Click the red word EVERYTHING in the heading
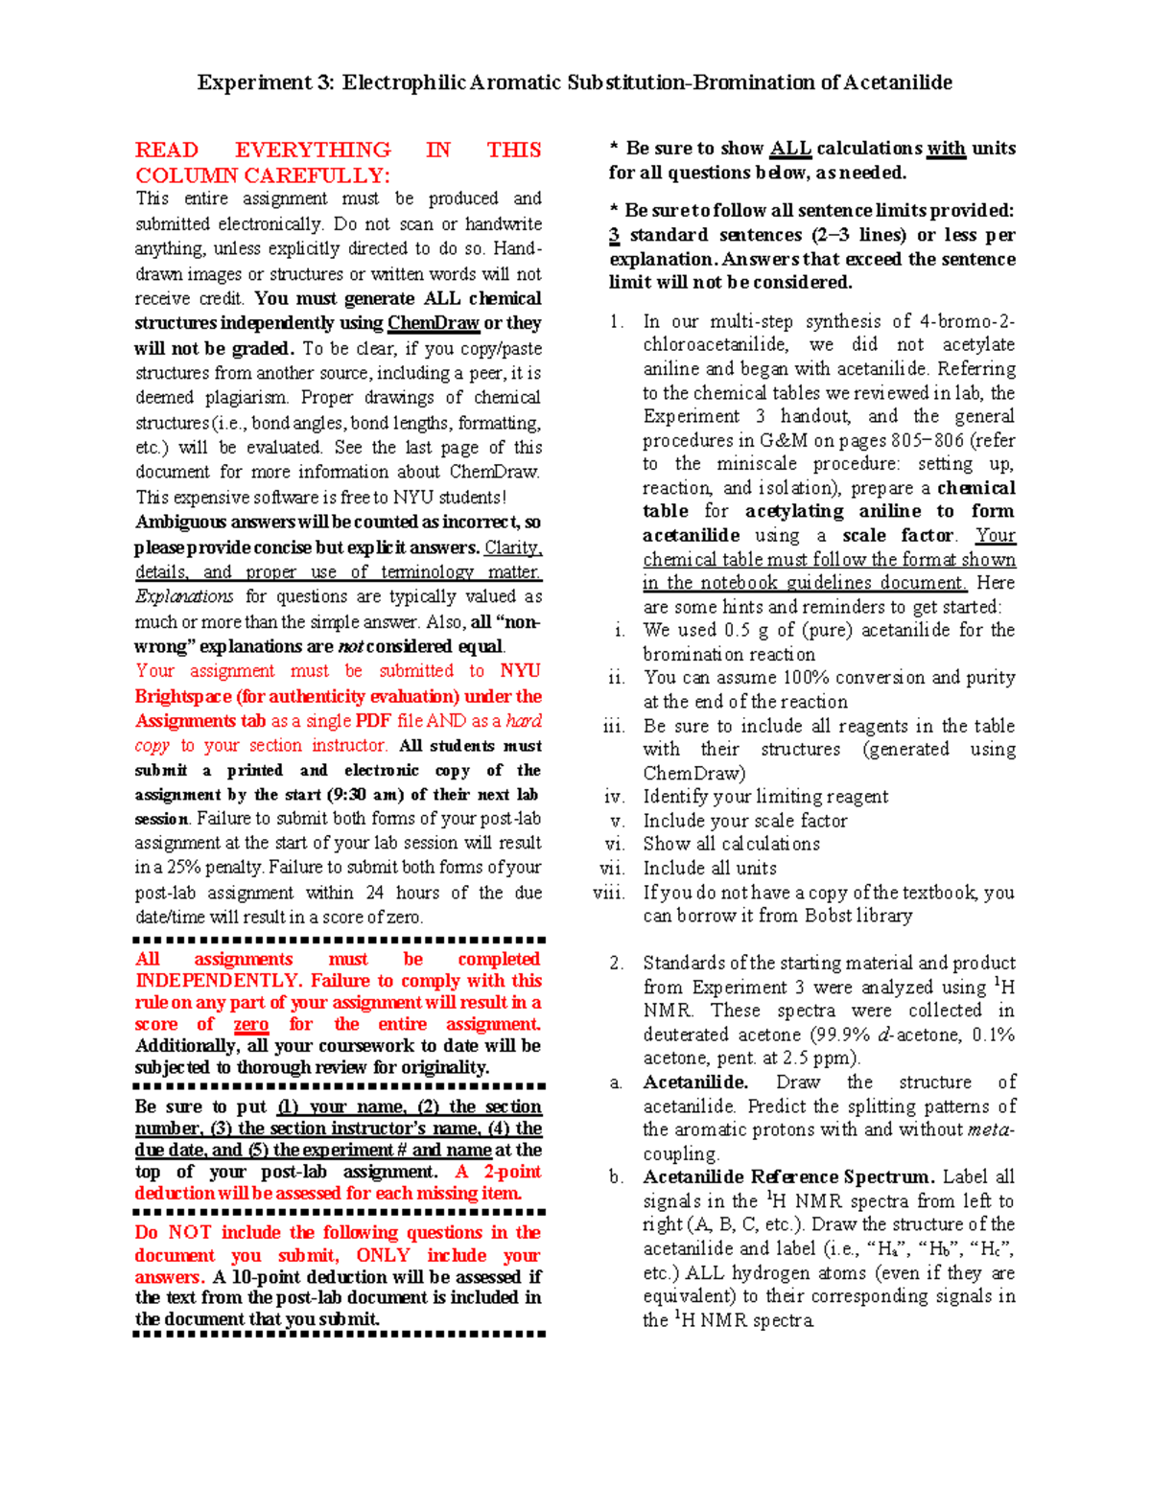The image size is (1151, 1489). coord(313,150)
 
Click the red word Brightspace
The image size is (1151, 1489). coord(183,696)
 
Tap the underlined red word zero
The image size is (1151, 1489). coord(251,1024)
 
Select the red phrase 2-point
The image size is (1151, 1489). coord(513,1172)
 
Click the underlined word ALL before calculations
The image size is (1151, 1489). coord(790,149)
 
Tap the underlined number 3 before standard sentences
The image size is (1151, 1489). coord(614,235)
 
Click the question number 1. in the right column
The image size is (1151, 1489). coord(617,322)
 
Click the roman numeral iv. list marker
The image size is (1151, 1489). coord(615,797)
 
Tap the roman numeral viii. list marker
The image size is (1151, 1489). coord(609,893)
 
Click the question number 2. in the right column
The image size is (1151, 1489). coord(617,963)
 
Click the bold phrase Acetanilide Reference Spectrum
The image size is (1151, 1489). coord(788,1177)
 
